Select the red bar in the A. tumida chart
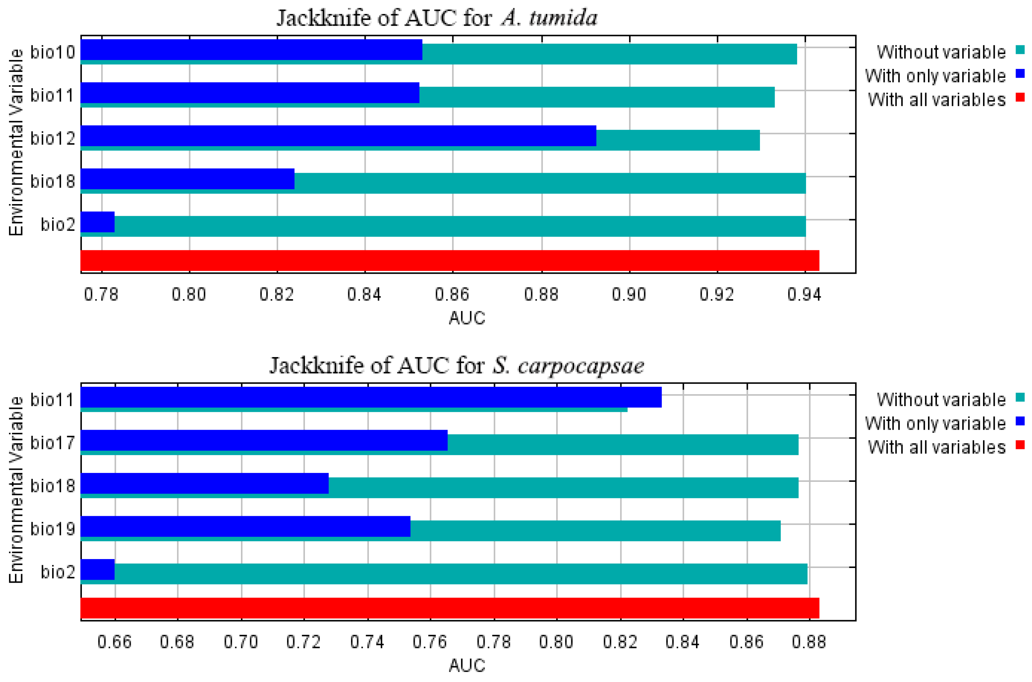[449, 261]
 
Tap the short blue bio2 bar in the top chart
[98, 222]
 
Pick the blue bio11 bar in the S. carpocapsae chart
[371, 397]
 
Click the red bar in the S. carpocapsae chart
[449, 608]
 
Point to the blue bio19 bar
[245, 526]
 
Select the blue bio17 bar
[263, 440]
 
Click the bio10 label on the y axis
[53, 52]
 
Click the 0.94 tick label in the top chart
[804, 295]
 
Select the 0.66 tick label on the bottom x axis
[114, 642]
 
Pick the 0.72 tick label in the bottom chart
[303, 642]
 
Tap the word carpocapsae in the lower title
[581, 365]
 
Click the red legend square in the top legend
[1020, 98]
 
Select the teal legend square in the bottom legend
[1020, 397]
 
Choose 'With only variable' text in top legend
[935, 76]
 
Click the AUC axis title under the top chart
[466, 318]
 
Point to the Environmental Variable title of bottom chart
[16, 489]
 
